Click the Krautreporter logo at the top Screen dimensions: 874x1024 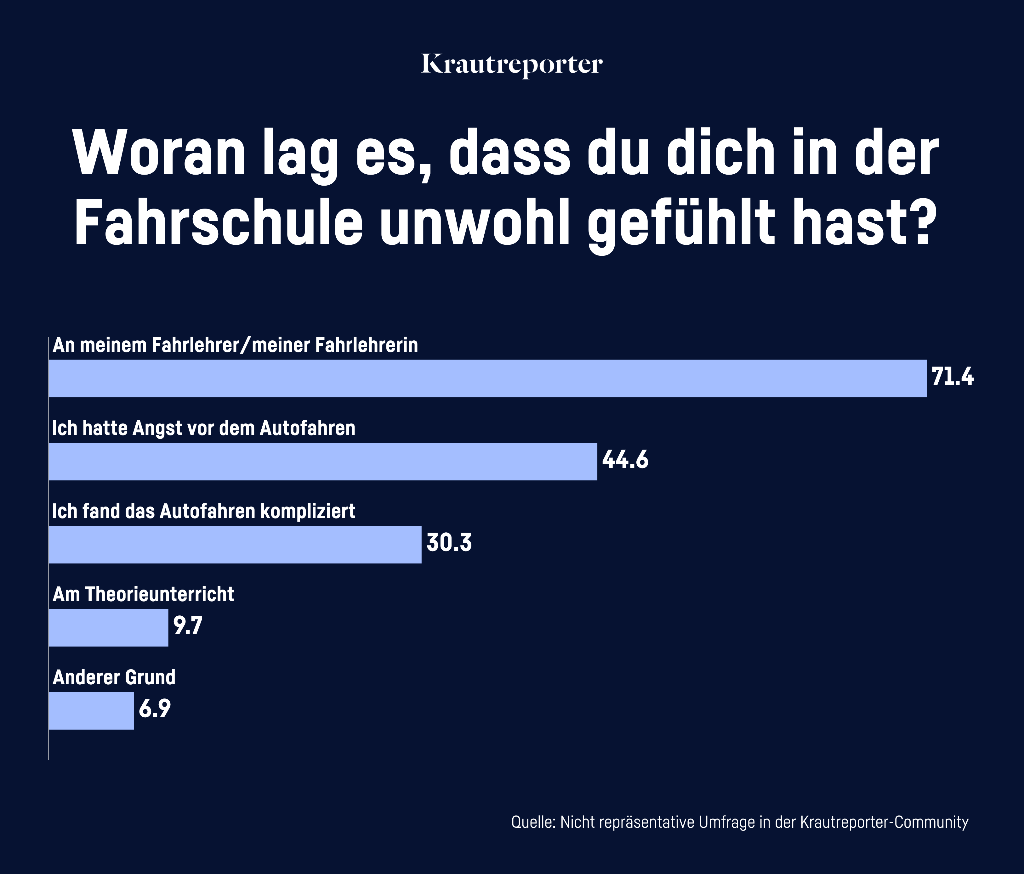(x=512, y=65)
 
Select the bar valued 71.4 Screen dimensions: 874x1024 (x=487, y=378)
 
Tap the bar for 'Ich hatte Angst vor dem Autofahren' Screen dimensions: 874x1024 (x=323, y=461)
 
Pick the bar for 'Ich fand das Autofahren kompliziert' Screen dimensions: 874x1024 (x=235, y=544)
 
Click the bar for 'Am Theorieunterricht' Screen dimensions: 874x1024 (x=109, y=627)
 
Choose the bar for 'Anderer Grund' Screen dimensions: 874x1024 (x=91, y=710)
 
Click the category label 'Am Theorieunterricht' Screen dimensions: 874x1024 (x=143, y=595)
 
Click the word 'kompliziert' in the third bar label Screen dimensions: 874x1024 (x=307, y=512)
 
